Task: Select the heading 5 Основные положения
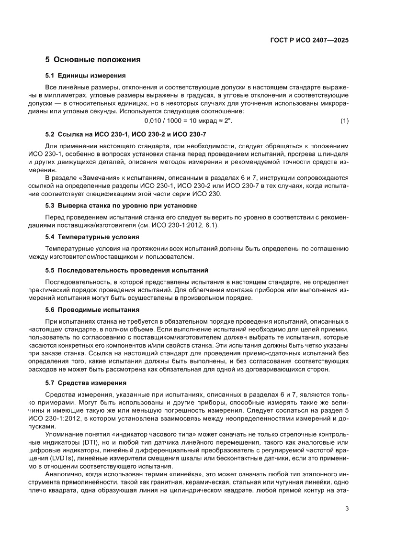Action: click(x=93, y=60)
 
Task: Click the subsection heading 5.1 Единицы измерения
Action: click(x=85, y=76)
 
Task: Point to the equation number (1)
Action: click(x=344, y=121)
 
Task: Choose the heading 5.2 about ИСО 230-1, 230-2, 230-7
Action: click(x=125, y=135)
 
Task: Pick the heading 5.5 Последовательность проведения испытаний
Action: click(x=126, y=270)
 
